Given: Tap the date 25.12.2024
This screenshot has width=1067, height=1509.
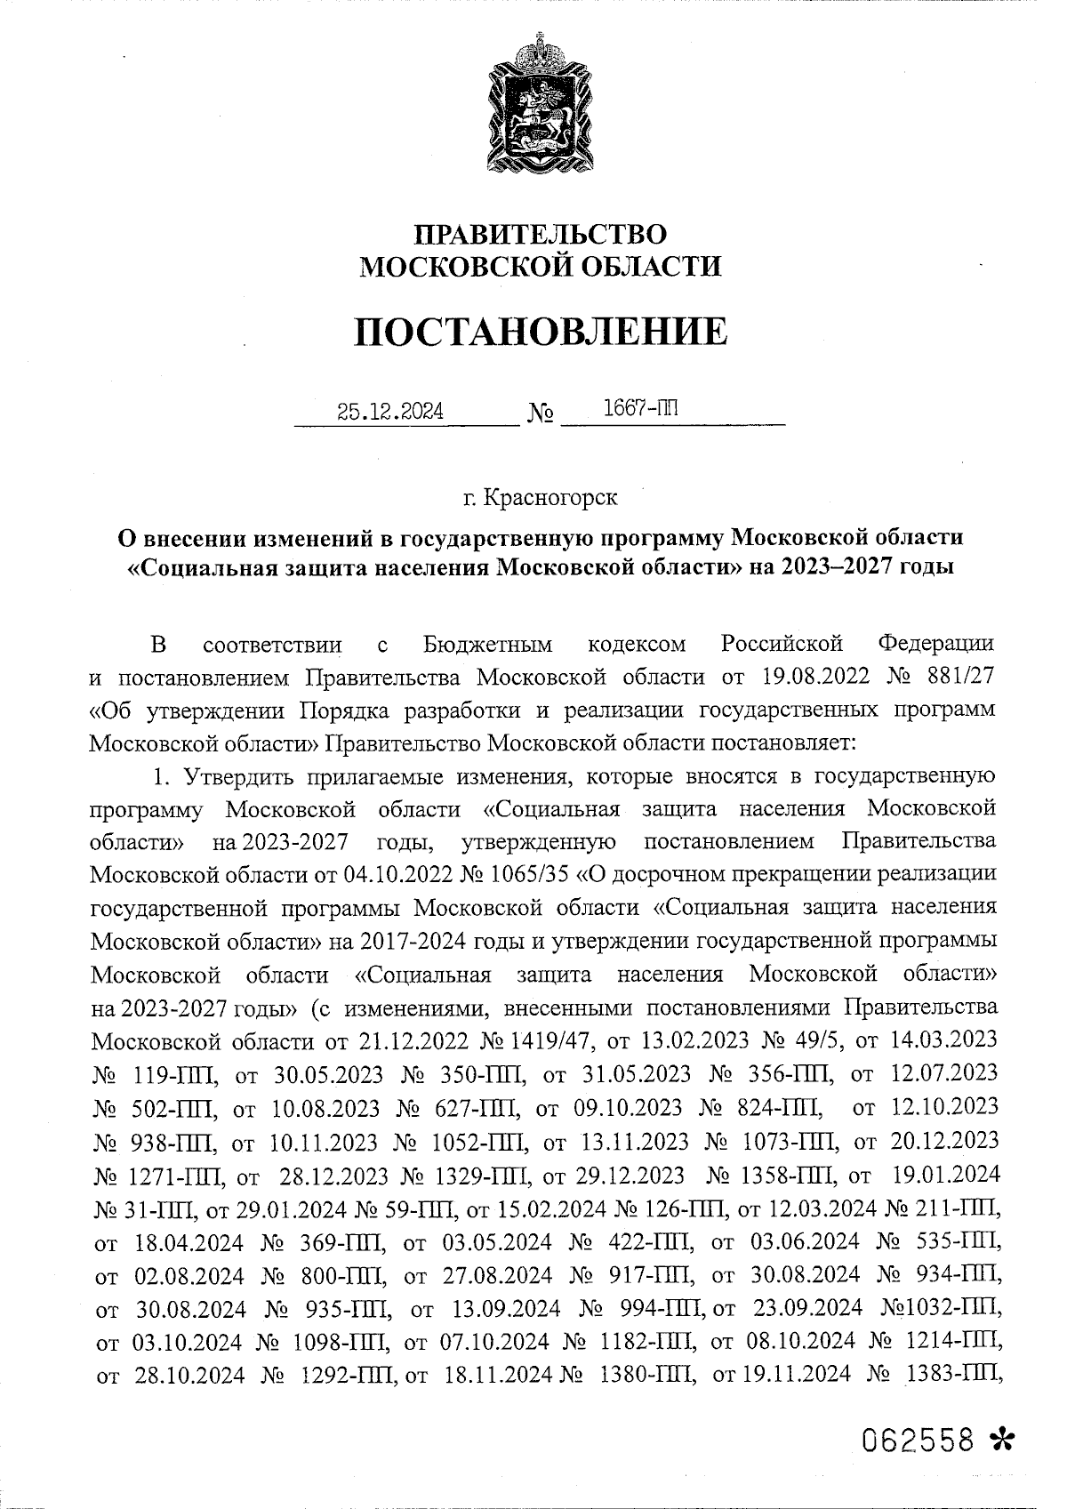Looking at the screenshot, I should click(x=391, y=412).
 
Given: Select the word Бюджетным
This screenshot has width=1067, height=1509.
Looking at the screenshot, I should click(x=488, y=643).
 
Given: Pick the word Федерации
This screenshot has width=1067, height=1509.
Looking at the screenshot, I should click(x=935, y=643).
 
